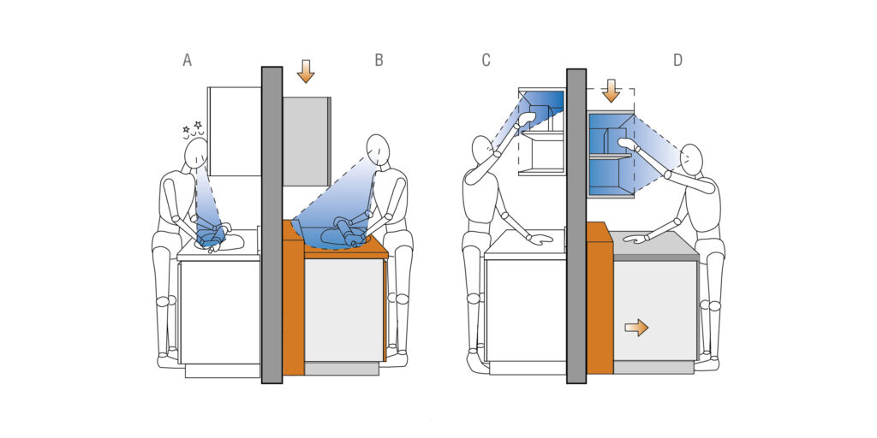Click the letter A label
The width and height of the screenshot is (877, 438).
click(187, 61)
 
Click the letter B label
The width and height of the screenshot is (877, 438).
click(379, 61)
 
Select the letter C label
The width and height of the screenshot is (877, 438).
click(486, 61)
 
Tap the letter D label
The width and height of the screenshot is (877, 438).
click(677, 61)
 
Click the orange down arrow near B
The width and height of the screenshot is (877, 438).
click(306, 71)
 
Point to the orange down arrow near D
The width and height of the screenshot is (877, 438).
click(611, 91)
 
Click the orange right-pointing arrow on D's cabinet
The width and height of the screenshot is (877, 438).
click(636, 328)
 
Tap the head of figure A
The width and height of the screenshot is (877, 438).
click(196, 153)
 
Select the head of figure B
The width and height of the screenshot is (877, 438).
click(378, 150)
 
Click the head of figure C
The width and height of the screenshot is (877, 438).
click(481, 150)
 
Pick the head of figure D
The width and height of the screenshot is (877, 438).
click(691, 159)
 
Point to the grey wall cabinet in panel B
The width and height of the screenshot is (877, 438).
click(306, 141)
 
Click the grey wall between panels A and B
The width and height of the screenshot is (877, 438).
click(271, 225)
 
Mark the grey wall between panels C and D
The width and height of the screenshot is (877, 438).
click(576, 226)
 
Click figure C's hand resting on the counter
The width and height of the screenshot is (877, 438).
click(540, 240)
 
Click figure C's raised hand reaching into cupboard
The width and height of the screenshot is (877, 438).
click(527, 118)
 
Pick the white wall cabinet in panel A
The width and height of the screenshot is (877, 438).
click(235, 131)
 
